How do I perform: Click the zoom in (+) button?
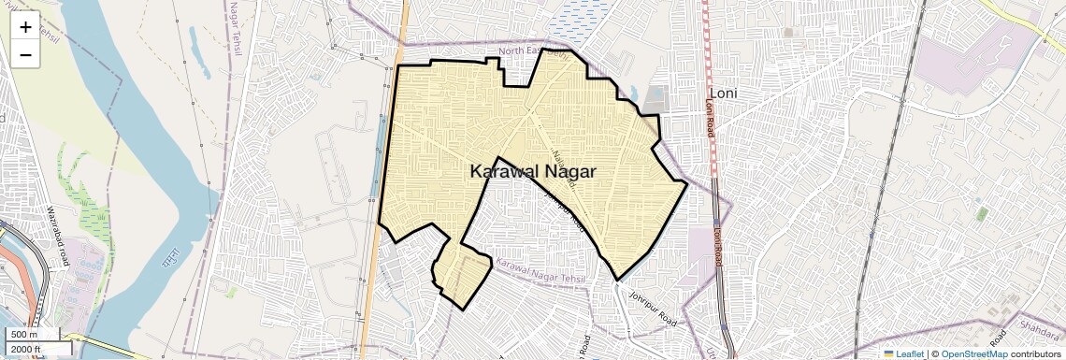[x=25, y=26]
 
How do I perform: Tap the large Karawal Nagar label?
[x=532, y=172]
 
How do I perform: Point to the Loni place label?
[x=724, y=94]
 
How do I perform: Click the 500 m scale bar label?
[x=25, y=335]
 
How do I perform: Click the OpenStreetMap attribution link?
[x=973, y=354]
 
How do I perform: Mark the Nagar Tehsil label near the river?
[x=233, y=29]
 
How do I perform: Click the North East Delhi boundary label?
[x=534, y=52]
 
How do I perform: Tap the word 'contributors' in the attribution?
[x=1036, y=354]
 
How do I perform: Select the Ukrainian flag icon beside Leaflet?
[x=888, y=354]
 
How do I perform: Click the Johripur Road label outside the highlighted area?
[x=653, y=307]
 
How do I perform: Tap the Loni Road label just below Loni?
[x=710, y=119]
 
